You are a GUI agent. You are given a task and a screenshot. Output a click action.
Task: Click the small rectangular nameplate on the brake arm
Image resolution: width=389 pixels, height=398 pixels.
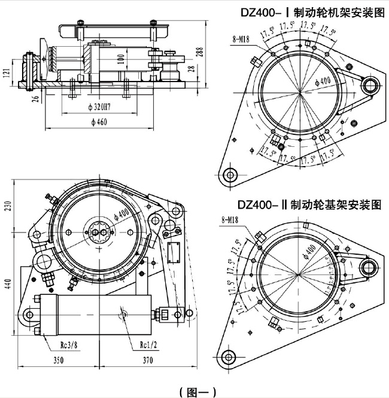175,252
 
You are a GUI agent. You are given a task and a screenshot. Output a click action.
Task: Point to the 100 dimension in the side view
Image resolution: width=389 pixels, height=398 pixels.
121,60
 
